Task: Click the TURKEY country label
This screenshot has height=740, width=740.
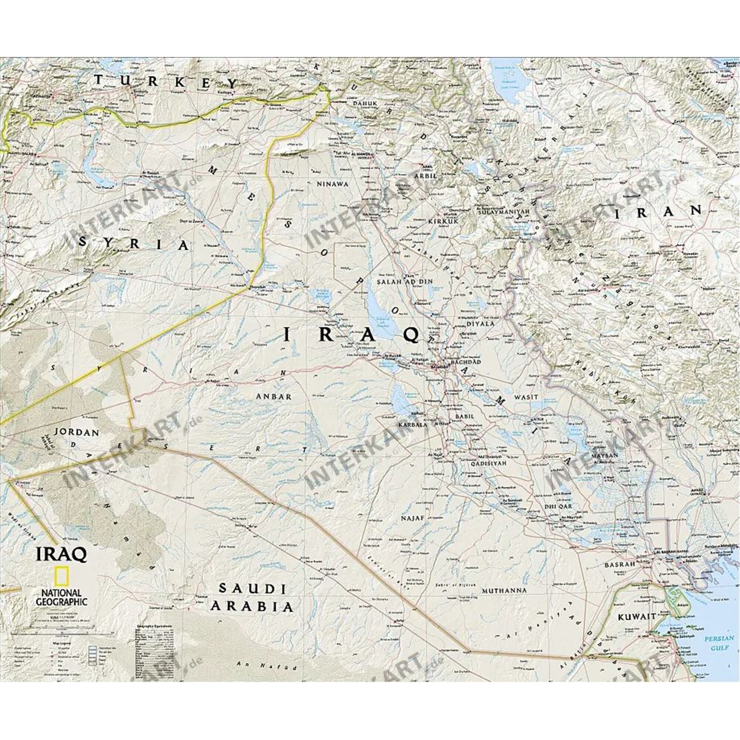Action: click(x=165, y=83)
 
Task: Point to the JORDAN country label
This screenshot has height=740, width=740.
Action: click(x=77, y=444)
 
